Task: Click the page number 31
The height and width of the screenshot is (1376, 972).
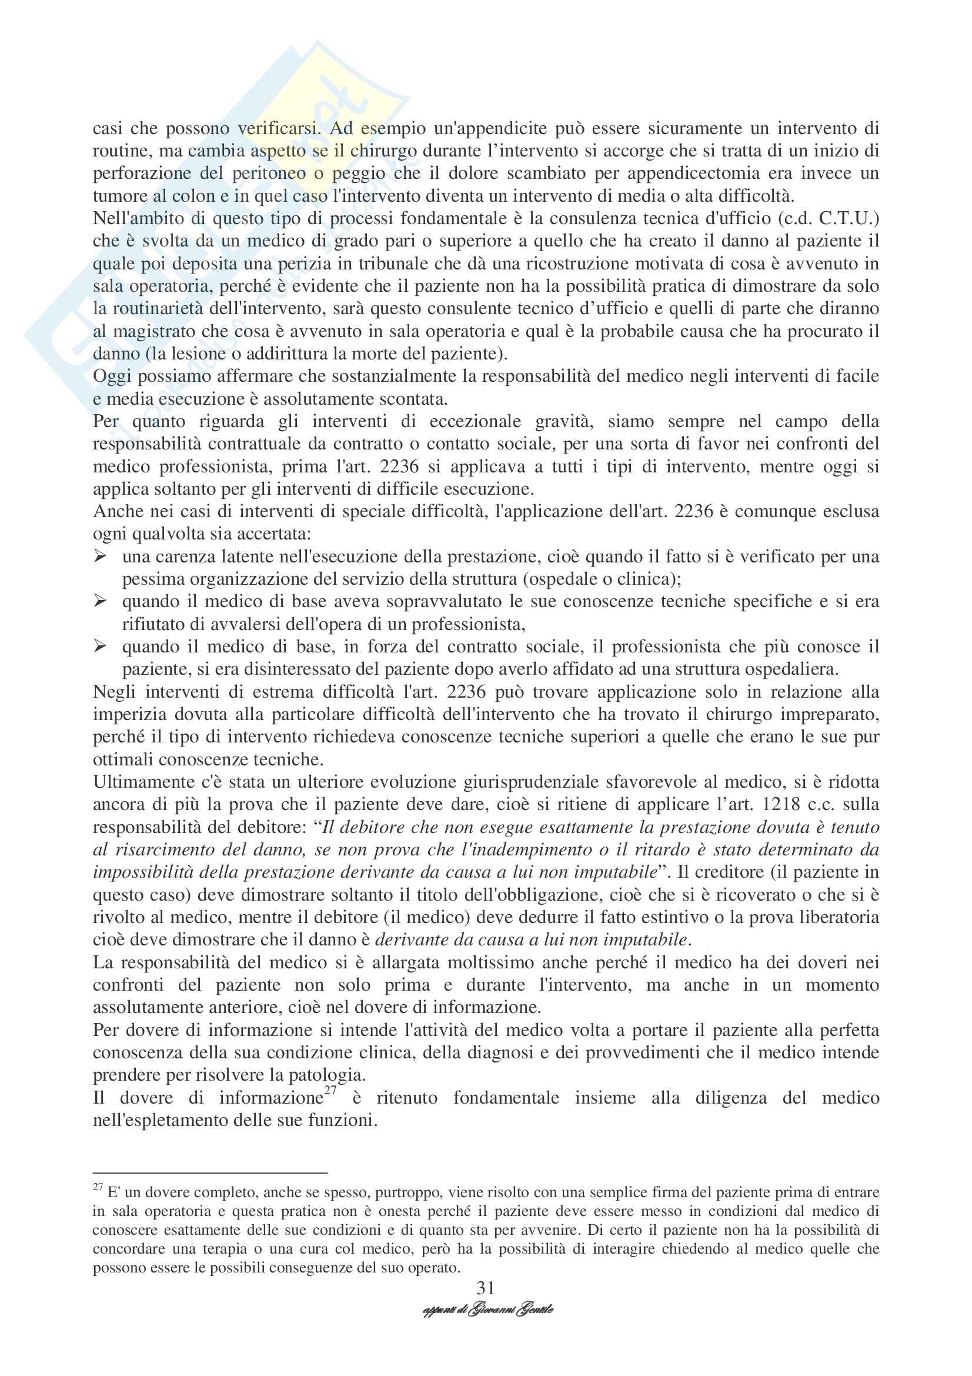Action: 485,1287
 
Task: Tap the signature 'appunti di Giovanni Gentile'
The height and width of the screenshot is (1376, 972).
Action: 487,1310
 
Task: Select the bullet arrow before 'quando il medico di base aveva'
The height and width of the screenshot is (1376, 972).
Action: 99,601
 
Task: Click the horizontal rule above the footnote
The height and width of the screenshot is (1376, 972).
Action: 209,1173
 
